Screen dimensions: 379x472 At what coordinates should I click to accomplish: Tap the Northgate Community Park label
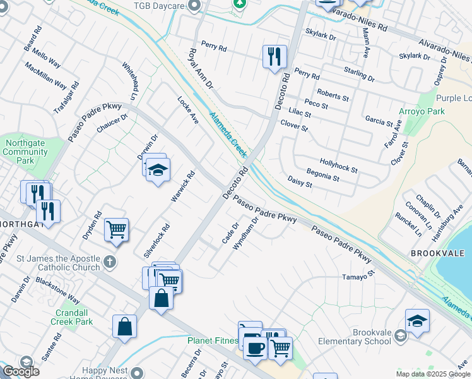point(25,152)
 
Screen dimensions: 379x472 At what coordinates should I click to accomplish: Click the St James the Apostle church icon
point(109,261)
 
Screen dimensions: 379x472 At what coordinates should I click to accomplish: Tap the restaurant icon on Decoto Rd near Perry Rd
point(274,56)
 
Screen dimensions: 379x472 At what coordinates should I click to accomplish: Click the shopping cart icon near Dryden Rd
point(117,229)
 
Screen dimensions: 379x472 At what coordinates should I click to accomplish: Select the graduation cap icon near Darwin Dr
point(158,170)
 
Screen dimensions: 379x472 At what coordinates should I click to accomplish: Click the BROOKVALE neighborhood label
point(433,253)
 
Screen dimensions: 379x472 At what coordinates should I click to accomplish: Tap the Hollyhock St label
point(338,166)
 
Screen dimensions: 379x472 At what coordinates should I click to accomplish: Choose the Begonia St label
point(322,175)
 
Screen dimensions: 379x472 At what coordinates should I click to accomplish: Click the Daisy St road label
point(300,182)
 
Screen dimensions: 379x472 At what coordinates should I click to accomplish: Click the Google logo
point(21,371)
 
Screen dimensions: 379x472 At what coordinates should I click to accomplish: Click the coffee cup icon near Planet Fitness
point(255,347)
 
